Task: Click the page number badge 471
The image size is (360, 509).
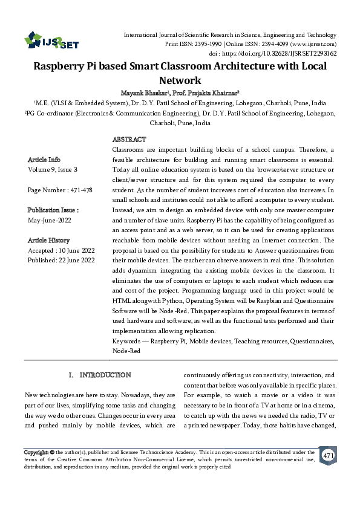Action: click(x=328, y=455)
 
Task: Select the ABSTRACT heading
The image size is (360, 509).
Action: click(x=129, y=140)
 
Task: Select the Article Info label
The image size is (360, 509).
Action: click(x=44, y=160)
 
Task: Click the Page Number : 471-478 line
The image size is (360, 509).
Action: click(x=60, y=190)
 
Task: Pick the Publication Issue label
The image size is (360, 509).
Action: click(x=53, y=210)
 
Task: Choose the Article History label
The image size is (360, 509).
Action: click(x=50, y=240)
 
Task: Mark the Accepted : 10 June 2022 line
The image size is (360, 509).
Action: click(x=62, y=250)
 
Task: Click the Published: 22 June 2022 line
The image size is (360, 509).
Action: click(x=61, y=261)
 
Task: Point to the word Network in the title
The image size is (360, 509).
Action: click(x=180, y=80)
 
